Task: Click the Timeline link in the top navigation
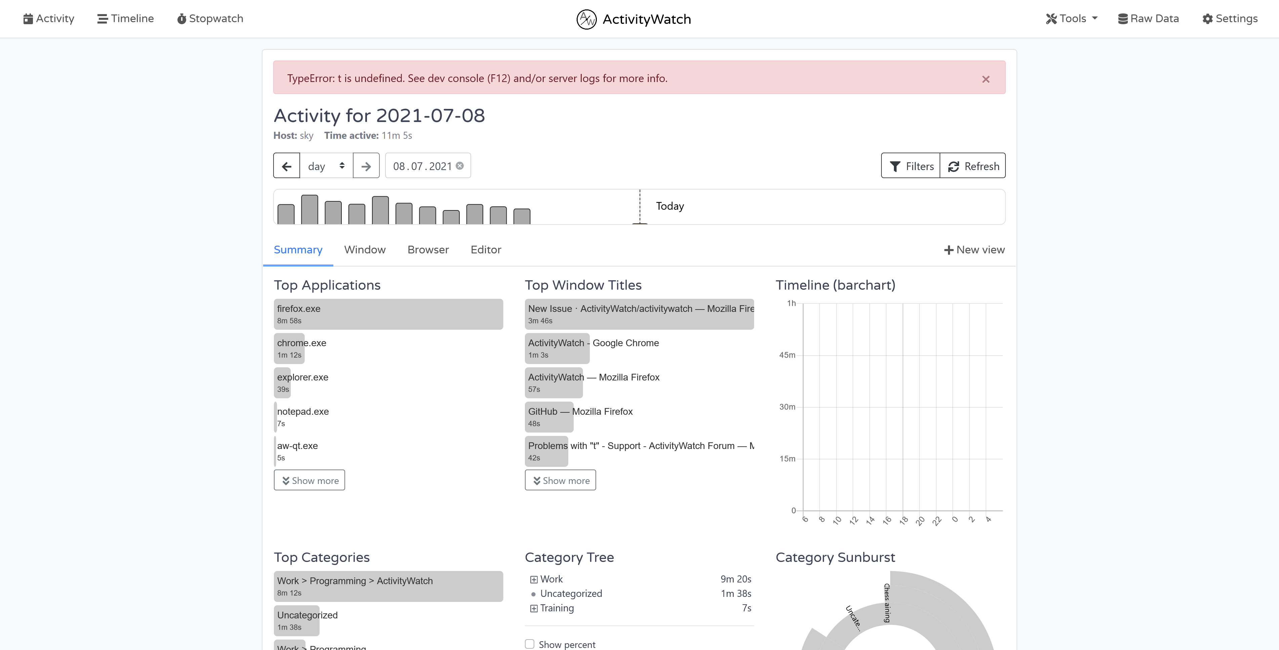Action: (126, 19)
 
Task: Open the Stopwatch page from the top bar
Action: (210, 19)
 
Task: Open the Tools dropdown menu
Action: (1071, 19)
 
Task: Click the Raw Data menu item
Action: (1148, 19)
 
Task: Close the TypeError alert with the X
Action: (986, 79)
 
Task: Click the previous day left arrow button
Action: (287, 166)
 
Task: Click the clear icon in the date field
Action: (460, 166)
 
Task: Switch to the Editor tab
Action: (486, 250)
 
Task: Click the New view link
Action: (974, 250)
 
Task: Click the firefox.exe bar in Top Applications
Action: (388, 314)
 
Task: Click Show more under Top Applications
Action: (309, 480)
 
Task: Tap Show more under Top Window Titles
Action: (560, 480)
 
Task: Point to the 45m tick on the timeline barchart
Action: (787, 355)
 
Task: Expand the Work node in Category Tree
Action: (534, 579)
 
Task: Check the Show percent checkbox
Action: (530, 644)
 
